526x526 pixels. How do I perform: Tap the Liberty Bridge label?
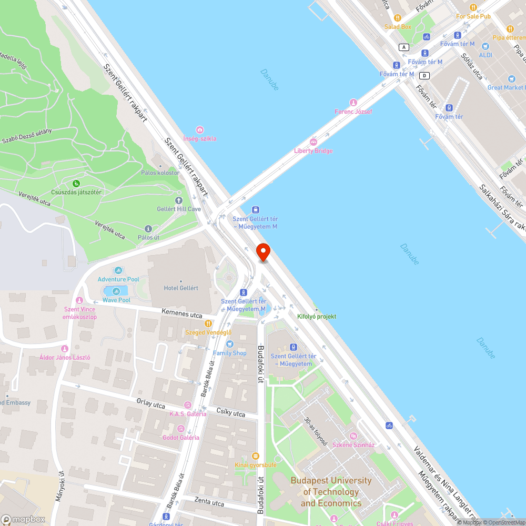click(x=313, y=151)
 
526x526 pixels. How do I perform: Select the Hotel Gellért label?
click(x=181, y=288)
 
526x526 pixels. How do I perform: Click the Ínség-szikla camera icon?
click(x=199, y=130)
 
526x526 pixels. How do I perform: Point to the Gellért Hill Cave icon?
click(x=179, y=200)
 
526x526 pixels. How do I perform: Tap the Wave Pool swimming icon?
click(x=116, y=291)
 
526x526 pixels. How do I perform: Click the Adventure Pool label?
click(x=118, y=279)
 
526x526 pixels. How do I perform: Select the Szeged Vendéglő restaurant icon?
click(x=208, y=323)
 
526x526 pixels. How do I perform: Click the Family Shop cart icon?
click(x=229, y=344)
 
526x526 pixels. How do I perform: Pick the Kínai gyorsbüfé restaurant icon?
click(x=256, y=456)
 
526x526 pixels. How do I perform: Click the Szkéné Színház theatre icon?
click(x=353, y=436)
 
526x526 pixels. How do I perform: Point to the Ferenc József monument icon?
click(x=353, y=103)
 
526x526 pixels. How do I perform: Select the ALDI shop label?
click(x=485, y=55)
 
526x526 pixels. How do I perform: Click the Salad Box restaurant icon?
click(x=398, y=18)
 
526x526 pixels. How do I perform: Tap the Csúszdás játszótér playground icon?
click(x=76, y=184)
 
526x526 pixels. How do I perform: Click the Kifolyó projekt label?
click(x=317, y=317)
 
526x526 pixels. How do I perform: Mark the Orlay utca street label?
click(x=150, y=404)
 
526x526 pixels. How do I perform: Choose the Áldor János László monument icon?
click(x=65, y=349)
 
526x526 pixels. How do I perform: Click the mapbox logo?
click(x=23, y=519)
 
